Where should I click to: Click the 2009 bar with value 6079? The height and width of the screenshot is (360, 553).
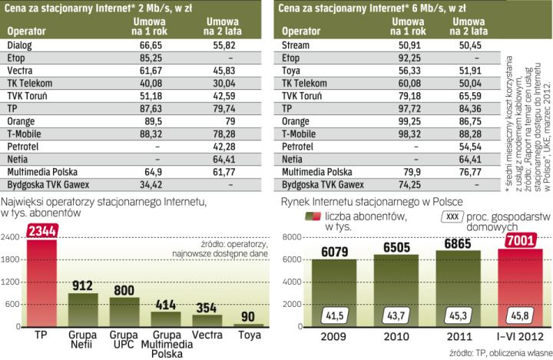pyautogui.click(x=333, y=292)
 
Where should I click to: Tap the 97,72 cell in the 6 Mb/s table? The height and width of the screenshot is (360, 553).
pyautogui.click(x=408, y=109)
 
